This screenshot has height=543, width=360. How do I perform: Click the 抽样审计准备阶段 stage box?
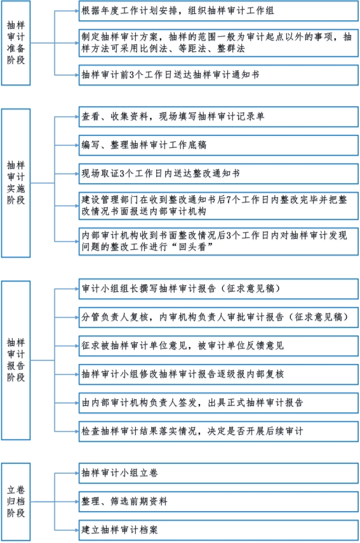(16, 43)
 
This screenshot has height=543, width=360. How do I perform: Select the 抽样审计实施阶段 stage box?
(16, 183)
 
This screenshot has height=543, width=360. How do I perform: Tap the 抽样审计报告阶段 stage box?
(16, 360)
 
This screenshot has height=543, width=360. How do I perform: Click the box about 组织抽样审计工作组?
(218, 11)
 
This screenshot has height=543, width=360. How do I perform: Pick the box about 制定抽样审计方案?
(218, 43)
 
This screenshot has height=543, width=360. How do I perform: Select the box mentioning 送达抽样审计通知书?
(218, 75)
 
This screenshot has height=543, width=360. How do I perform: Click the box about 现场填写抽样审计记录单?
(218, 117)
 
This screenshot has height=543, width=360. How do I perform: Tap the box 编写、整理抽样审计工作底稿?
(218, 145)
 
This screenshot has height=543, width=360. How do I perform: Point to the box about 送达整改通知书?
(218, 174)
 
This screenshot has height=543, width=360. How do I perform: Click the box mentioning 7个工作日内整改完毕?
(218, 206)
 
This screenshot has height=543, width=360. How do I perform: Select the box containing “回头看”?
(218, 242)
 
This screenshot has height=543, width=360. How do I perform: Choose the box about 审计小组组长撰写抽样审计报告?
(218, 289)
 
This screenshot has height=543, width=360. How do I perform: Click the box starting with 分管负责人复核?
(218, 317)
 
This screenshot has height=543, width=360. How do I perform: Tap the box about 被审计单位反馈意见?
(218, 346)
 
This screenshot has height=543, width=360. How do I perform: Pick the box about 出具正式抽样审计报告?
(218, 403)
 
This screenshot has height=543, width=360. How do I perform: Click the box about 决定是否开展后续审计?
(218, 431)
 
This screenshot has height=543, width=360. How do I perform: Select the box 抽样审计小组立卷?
(218, 473)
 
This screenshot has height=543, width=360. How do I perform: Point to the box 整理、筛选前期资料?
(218, 501)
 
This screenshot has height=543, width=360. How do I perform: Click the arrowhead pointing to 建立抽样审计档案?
(77, 530)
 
